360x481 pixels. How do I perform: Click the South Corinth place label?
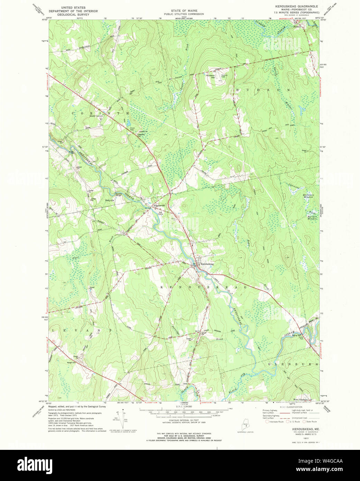(x=96, y=116)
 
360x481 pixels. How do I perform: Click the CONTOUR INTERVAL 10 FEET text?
(x=184, y=420)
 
